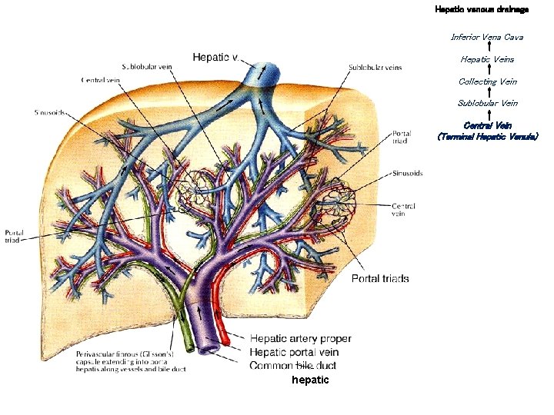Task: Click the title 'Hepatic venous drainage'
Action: tap(482, 9)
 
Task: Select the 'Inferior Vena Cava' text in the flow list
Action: tap(487, 37)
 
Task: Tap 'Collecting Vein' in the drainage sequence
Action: tap(487, 81)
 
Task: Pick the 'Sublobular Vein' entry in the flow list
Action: tap(487, 103)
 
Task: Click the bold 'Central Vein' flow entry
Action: tap(487, 125)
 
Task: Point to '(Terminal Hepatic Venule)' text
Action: tap(487, 136)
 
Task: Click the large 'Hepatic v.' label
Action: tap(216, 57)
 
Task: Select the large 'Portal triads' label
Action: tap(380, 278)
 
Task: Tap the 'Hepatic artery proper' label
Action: tap(301, 338)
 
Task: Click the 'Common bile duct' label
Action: tap(292, 365)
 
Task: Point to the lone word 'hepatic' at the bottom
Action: tap(310, 380)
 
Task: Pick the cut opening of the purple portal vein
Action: tap(209, 350)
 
